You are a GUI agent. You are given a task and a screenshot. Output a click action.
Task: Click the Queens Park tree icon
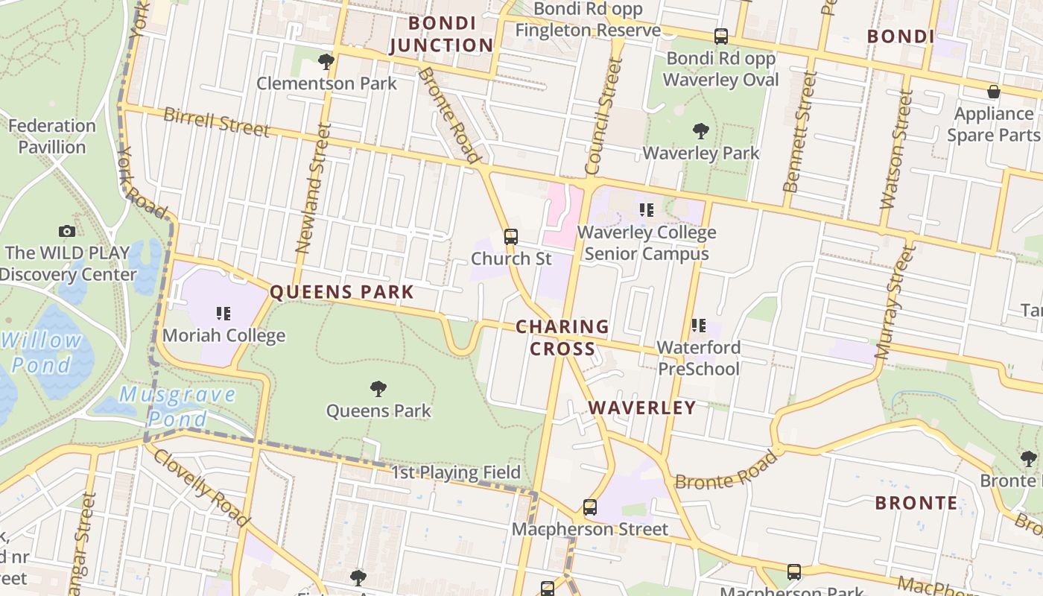(x=378, y=388)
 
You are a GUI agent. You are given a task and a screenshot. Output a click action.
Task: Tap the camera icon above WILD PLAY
(x=67, y=231)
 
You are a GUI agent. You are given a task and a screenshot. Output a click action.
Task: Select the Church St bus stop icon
(x=510, y=237)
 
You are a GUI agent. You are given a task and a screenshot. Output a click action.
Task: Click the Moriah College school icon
(x=223, y=314)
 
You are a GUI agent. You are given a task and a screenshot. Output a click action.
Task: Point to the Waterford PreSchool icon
(x=698, y=325)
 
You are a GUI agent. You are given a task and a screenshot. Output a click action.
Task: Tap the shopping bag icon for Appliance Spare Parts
(x=993, y=92)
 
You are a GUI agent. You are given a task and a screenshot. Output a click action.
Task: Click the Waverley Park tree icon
(x=700, y=131)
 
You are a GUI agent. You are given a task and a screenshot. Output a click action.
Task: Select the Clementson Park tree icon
(x=326, y=61)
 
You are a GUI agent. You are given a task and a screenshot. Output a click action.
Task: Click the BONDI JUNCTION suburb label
(x=441, y=34)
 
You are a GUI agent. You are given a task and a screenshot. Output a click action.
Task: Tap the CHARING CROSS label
(x=562, y=337)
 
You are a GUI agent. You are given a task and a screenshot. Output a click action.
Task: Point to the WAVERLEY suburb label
(x=642, y=408)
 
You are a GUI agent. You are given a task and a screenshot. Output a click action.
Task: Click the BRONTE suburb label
(x=916, y=503)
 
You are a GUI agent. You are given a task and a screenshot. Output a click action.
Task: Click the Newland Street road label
(x=311, y=188)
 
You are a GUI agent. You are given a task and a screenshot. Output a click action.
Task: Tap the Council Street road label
(x=603, y=117)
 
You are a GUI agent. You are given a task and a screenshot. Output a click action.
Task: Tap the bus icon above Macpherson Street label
(x=589, y=507)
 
